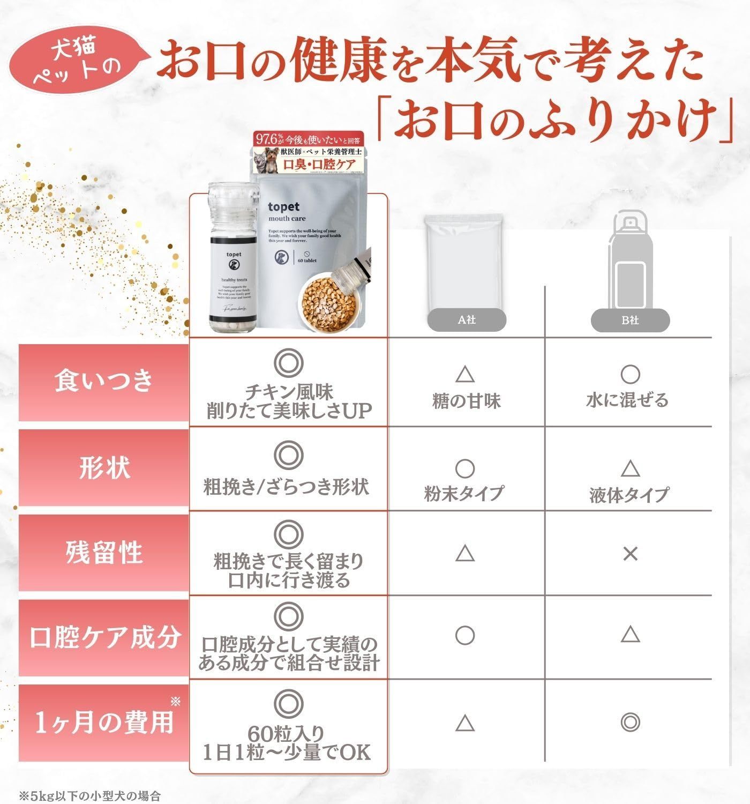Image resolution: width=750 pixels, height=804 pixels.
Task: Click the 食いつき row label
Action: (104, 381)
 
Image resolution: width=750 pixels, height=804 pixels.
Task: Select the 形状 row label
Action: (104, 467)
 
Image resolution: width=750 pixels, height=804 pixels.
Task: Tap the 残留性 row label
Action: (104, 552)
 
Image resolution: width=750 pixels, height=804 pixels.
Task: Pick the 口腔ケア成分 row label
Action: (104, 637)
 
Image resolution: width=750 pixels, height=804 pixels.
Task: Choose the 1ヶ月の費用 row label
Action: (104, 723)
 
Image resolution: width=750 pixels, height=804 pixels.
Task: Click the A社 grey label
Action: (467, 321)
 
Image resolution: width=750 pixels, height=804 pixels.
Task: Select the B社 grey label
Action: (630, 321)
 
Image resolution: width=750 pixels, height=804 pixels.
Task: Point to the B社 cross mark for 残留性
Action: (630, 554)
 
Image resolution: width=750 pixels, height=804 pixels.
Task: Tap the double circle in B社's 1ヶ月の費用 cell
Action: (630, 723)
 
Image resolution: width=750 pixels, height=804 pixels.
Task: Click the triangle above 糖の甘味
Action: (465, 375)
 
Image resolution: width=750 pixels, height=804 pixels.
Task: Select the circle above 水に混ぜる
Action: (630, 374)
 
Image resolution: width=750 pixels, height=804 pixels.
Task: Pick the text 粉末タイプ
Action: (464, 493)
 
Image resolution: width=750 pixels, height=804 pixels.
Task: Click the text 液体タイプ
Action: (629, 494)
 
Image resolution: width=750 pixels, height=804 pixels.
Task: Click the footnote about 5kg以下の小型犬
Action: (90, 795)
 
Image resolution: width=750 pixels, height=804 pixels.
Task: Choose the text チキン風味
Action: (289, 391)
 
